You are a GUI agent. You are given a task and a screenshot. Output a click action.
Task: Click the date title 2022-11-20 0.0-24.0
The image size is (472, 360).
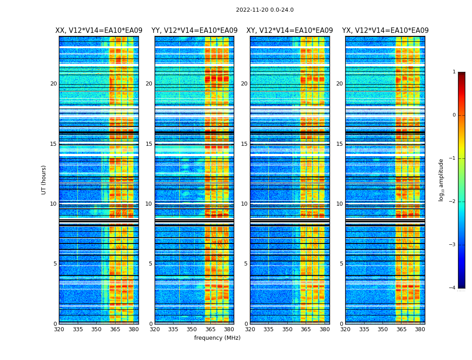click(265, 10)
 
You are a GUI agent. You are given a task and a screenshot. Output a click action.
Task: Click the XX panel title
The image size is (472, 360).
click(99, 31)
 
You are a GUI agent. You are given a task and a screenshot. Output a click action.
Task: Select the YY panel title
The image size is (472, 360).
click(194, 31)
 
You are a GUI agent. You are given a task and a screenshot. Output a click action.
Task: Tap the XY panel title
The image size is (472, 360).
click(289, 31)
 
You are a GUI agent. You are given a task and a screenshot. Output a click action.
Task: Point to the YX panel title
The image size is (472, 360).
click(385, 31)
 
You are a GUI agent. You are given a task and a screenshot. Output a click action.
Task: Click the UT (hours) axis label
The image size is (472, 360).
click(44, 180)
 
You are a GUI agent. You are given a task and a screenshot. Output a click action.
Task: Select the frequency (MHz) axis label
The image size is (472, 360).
click(217, 338)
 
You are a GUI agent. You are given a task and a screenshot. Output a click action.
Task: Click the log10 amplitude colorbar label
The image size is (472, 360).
click(441, 180)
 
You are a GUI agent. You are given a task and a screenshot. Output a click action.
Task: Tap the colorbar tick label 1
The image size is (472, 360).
click(454, 72)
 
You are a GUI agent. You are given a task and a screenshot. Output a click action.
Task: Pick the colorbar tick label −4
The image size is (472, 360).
click(453, 288)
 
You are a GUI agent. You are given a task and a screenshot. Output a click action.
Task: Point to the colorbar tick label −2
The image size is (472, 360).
click(453, 202)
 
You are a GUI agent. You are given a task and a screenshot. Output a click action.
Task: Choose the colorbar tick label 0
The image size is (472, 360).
click(454, 115)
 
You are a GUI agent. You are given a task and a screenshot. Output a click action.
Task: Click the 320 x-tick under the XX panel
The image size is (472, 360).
click(59, 329)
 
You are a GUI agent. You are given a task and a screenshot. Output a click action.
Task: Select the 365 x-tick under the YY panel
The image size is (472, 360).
click(210, 329)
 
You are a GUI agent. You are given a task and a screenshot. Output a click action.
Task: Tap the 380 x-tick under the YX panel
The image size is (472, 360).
click(420, 329)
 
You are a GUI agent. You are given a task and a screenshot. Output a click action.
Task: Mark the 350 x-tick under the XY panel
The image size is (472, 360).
click(287, 329)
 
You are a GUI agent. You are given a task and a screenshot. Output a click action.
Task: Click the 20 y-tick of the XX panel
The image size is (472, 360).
click(53, 84)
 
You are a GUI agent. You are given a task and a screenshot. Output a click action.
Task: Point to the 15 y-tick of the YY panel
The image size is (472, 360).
click(149, 144)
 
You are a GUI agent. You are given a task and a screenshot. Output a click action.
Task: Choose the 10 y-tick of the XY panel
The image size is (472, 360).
click(244, 204)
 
